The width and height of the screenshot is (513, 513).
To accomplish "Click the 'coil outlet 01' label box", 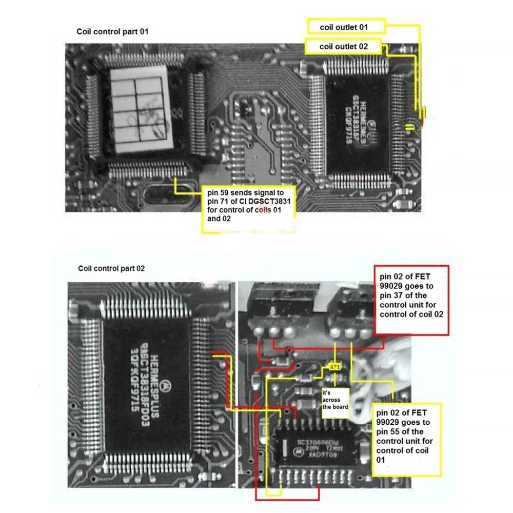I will click(x=344, y=26).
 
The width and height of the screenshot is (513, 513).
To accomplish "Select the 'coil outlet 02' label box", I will click(x=344, y=47).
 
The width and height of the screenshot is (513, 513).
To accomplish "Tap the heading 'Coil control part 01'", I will click(x=112, y=32).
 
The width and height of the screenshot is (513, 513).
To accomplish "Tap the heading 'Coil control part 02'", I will click(x=111, y=268).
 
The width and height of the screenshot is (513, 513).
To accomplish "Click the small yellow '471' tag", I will click(x=335, y=368).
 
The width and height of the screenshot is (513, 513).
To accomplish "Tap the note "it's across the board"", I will click(x=335, y=400).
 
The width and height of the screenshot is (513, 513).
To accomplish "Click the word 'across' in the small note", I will click(x=336, y=400).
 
